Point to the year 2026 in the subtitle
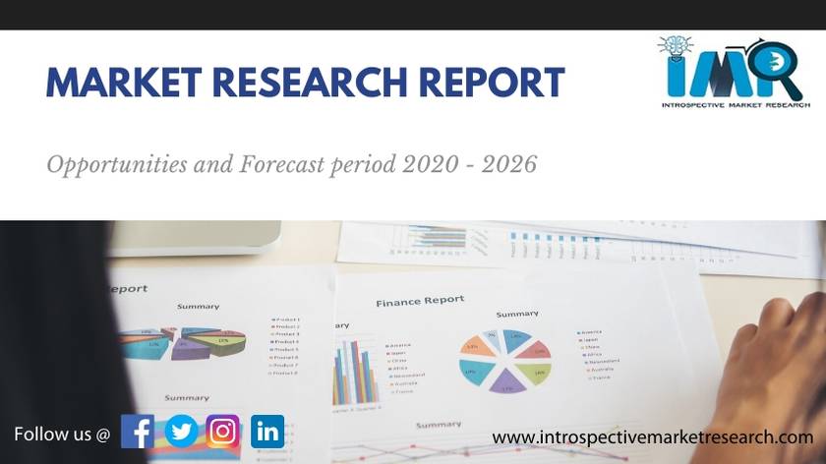[510, 164]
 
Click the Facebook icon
[138, 431]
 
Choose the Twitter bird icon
[181, 431]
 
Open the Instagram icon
[223, 431]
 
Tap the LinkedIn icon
[267, 431]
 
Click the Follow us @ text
[62, 433]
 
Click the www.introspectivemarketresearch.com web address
[652, 436]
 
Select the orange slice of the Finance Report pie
[474, 346]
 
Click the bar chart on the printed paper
[356, 372]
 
